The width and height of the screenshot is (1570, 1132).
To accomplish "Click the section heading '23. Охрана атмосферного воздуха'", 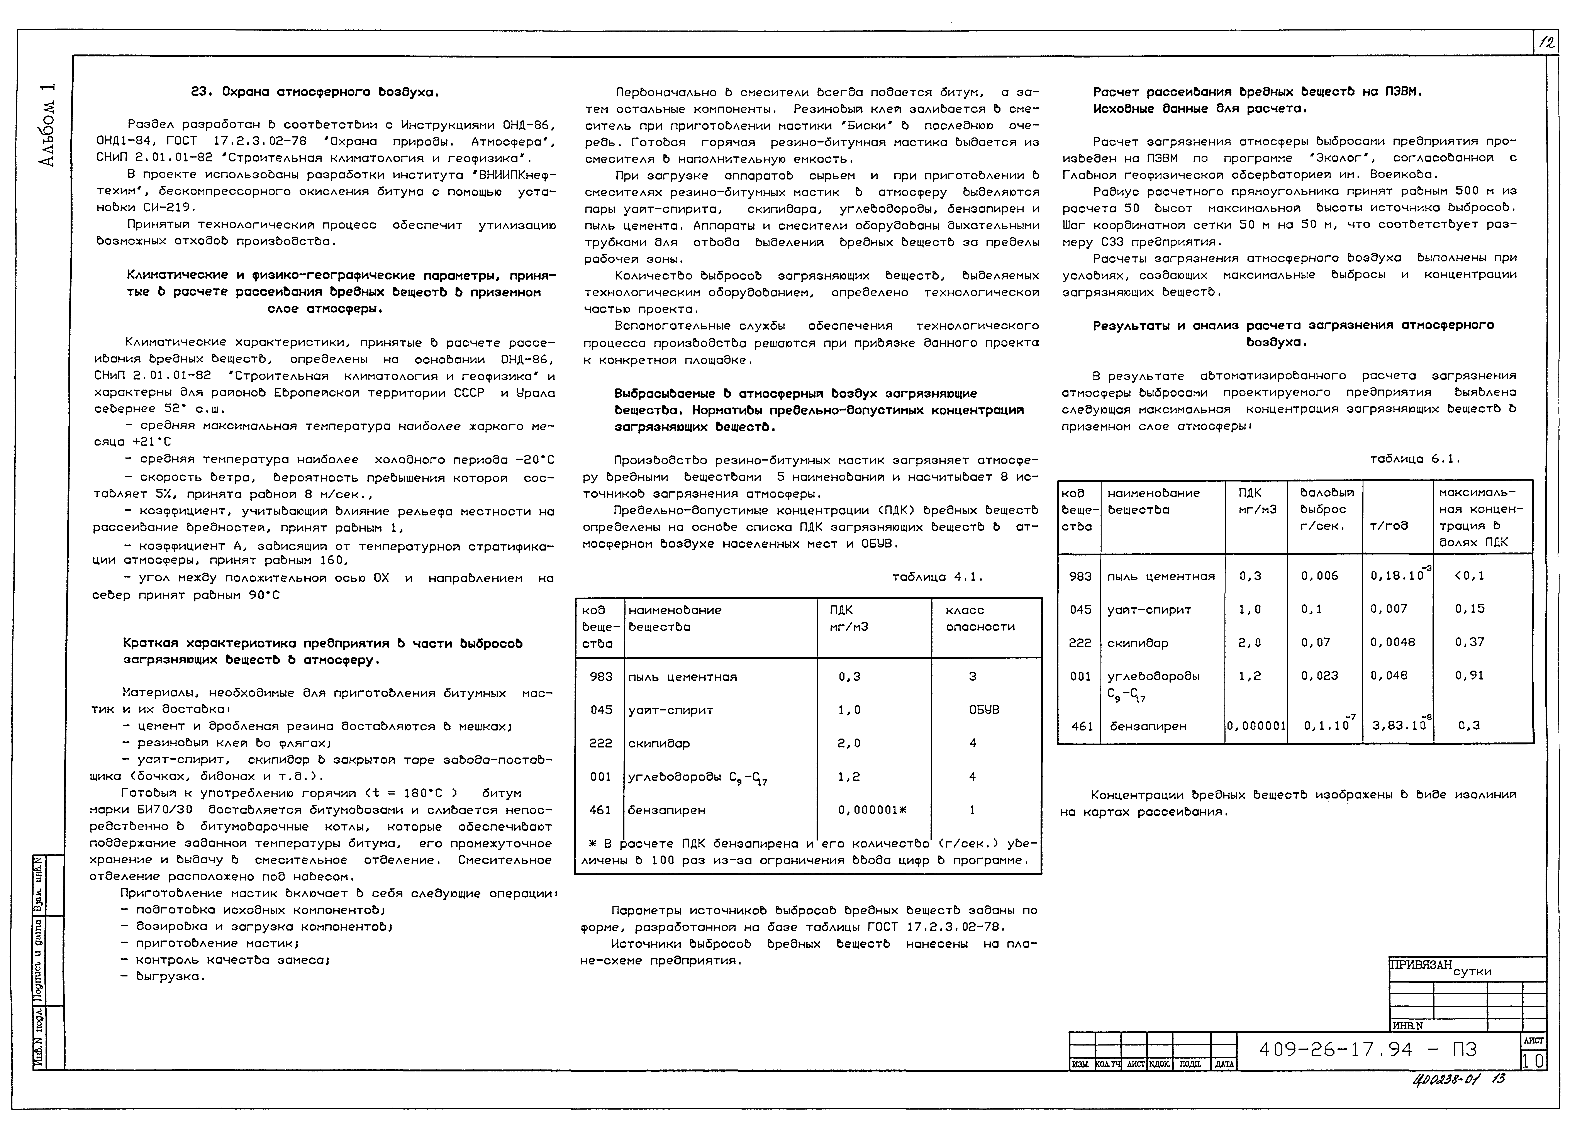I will [x=315, y=92].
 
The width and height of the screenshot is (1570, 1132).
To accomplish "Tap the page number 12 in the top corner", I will [x=1546, y=43].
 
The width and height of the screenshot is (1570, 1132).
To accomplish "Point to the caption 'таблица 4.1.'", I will [x=937, y=577].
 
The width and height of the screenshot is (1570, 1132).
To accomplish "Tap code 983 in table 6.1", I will [x=1080, y=576].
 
